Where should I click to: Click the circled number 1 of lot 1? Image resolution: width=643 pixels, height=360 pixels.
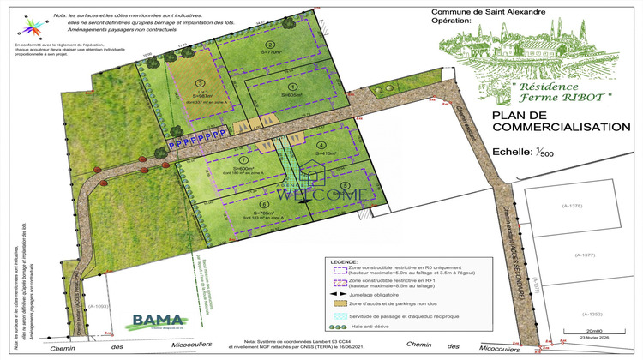point(291,87)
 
